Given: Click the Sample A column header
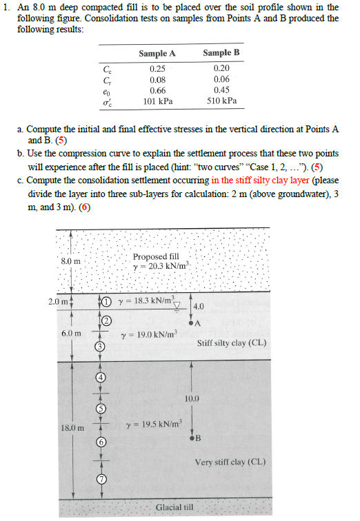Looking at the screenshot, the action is point(157,53).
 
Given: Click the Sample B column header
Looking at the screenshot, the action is point(221,53).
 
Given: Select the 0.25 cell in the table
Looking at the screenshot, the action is point(157,68).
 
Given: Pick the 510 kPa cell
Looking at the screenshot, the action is point(221,101).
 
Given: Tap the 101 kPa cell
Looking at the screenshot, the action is point(157,101).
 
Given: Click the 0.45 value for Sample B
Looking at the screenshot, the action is point(221,90).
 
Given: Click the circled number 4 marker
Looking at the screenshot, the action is point(99,378).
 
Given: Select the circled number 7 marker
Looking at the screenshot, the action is point(99,480).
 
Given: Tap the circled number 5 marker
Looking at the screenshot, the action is point(99,409).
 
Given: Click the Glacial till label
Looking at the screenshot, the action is point(176,508).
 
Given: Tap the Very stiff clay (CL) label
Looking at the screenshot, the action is point(230,462).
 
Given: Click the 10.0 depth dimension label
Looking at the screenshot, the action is point(192,398).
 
